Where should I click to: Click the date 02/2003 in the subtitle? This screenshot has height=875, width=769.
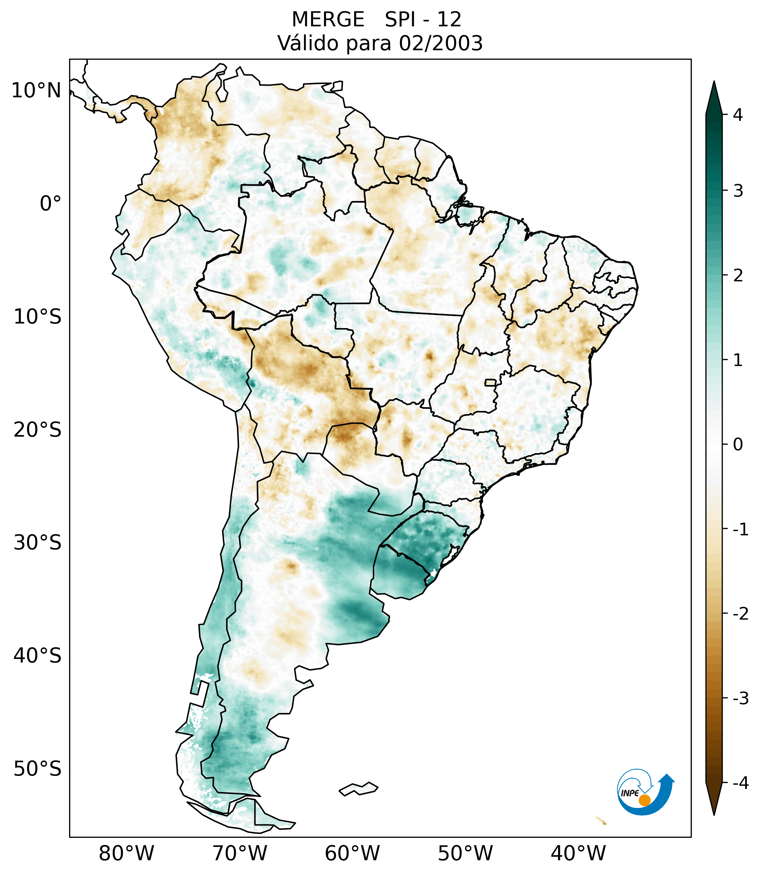pos(440,43)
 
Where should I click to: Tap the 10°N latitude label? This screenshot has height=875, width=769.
pos(37,91)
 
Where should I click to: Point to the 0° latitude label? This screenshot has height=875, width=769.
pos(51,204)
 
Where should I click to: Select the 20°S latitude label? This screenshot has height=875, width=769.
pos(38,430)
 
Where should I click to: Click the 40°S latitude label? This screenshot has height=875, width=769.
pos(38,656)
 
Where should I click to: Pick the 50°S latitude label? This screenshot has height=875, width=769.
pos(38,769)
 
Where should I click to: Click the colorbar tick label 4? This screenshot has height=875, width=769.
pos(738,115)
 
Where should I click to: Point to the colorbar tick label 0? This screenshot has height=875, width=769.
pos(738,445)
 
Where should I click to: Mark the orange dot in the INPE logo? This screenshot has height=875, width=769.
pos(644,800)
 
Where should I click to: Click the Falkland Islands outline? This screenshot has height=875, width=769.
pos(358,789)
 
